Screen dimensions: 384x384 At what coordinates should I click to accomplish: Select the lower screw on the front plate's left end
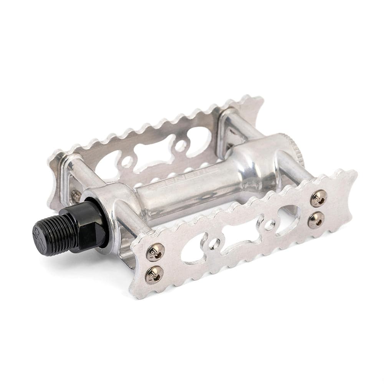click(x=154, y=274)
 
